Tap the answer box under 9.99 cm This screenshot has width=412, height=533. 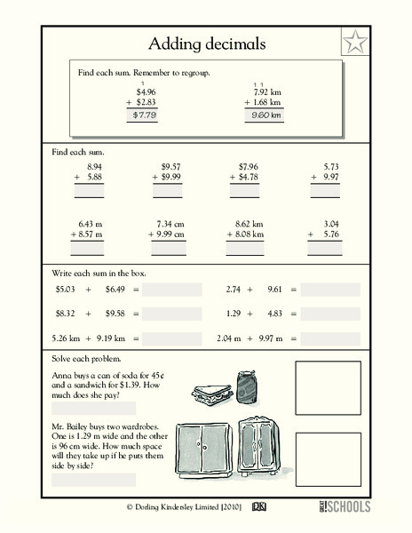coord(169,249)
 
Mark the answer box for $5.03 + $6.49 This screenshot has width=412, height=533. coord(172,290)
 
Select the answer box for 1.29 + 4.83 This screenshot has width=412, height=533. coord(331,314)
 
